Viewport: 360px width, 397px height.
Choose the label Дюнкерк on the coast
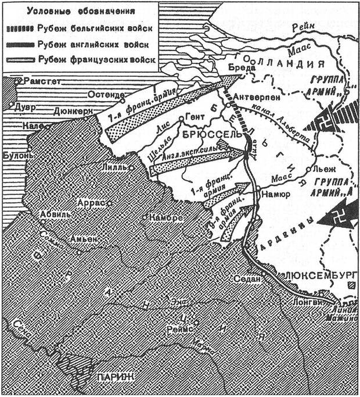(73, 110)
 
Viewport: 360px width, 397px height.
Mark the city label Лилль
(114, 166)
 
